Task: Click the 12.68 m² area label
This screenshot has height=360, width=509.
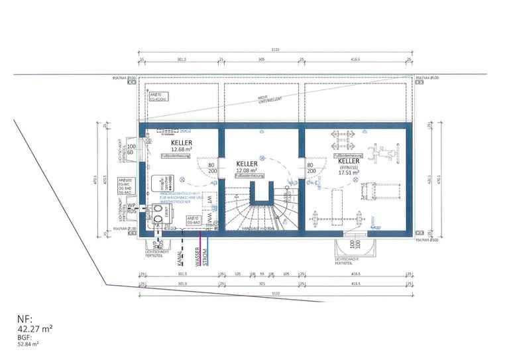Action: pos(182,149)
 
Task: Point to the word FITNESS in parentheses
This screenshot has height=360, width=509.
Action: pos(348,168)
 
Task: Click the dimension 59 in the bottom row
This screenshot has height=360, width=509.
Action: pos(261,273)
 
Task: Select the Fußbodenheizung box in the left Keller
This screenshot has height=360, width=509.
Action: pos(173,156)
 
